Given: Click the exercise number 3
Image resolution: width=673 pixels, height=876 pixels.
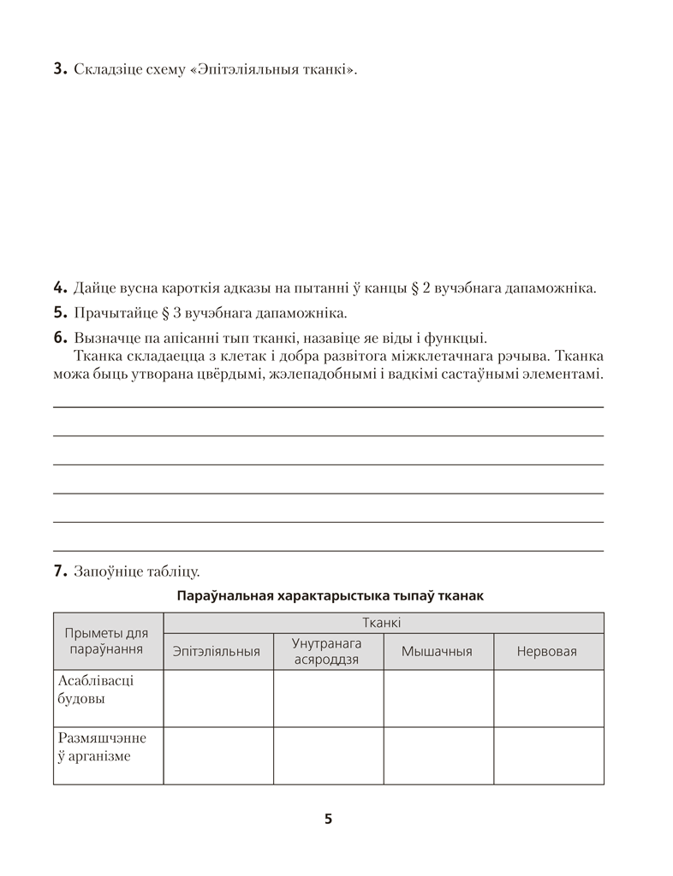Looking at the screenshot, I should (60, 69).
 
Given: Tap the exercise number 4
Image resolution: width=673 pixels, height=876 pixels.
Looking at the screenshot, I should (60, 287).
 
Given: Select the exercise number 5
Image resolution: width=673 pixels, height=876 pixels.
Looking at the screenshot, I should (60, 312).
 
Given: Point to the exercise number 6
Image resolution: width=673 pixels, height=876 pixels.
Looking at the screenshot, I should (60, 337).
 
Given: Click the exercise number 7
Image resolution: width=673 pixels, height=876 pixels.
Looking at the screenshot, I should (60, 571).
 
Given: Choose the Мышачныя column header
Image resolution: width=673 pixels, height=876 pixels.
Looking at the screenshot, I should (438, 652).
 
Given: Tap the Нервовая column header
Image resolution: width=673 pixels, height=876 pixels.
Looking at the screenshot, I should (547, 652).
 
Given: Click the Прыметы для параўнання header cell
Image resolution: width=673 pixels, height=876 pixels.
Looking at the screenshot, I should (107, 641).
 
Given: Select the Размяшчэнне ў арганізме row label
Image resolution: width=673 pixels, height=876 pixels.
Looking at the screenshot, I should (102, 747).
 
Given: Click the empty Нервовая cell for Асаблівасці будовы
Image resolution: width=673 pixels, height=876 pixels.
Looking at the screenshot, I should (548, 698).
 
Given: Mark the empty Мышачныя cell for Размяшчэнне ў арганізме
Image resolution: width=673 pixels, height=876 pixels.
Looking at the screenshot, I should (438, 755).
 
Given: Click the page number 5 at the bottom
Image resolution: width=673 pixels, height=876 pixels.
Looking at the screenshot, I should (329, 819).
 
